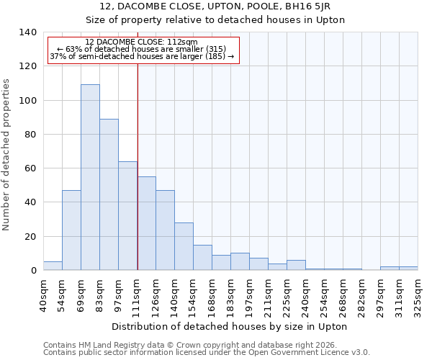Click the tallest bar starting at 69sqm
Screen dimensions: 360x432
[90, 177]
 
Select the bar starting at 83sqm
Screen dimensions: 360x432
[109, 194]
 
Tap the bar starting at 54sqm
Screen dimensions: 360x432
[71, 230]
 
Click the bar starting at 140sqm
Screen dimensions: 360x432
[184, 246]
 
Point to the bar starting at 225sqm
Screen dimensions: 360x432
[296, 265]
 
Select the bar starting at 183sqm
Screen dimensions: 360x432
[240, 261]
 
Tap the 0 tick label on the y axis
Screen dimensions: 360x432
[33, 271]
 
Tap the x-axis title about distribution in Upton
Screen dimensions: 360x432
[230, 326]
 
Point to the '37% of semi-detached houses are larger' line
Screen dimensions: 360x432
[142, 56]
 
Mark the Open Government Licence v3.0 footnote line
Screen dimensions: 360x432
[207, 353]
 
